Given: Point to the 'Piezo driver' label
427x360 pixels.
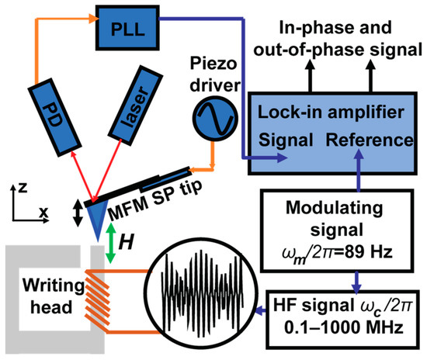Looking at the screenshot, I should [212, 81].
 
